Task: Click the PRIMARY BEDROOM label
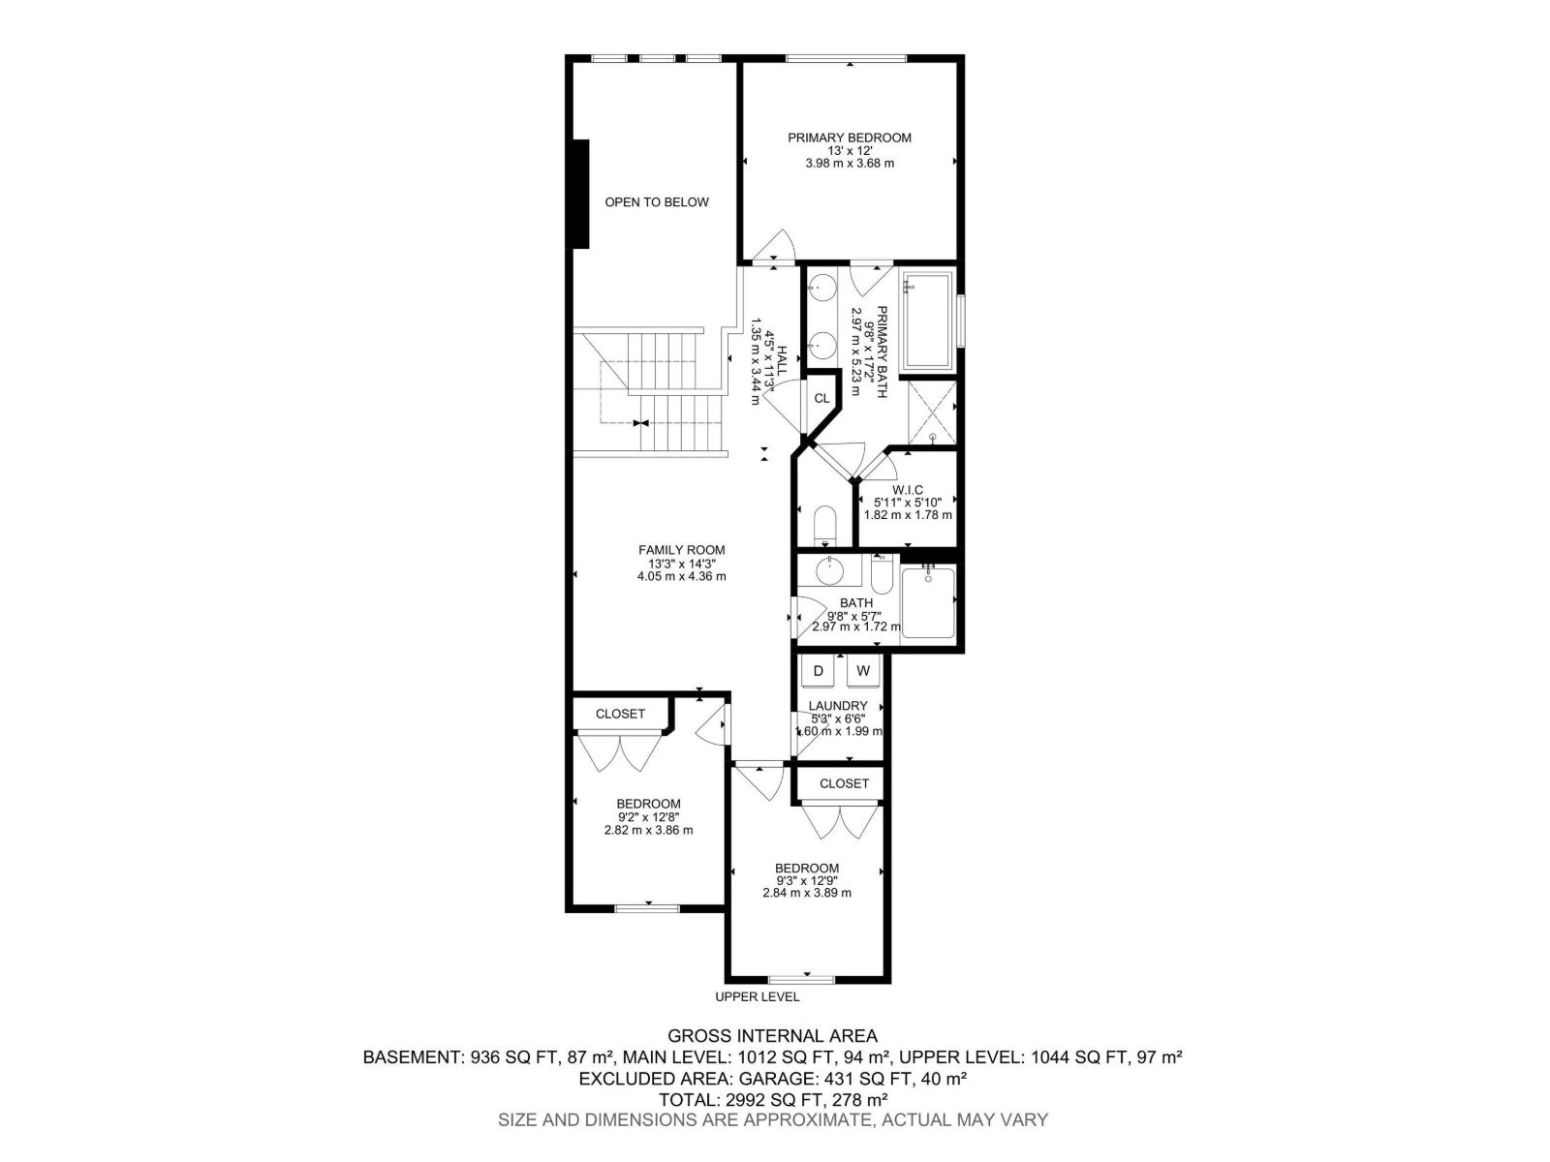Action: click(849, 138)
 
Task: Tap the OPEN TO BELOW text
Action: click(657, 202)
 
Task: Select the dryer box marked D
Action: click(818, 671)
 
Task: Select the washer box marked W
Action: click(862, 671)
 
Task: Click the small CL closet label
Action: click(821, 398)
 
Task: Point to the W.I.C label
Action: click(908, 490)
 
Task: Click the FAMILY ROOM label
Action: click(681, 550)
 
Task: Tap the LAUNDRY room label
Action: click(838, 706)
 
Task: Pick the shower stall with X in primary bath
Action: click(933, 412)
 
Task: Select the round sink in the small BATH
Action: click(830, 571)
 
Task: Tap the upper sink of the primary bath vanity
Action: click(823, 287)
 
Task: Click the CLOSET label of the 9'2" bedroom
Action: click(620, 714)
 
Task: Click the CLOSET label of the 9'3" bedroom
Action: click(844, 783)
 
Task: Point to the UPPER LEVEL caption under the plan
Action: click(757, 996)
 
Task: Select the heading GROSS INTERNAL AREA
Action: click(772, 1036)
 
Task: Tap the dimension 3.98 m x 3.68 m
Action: click(849, 164)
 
